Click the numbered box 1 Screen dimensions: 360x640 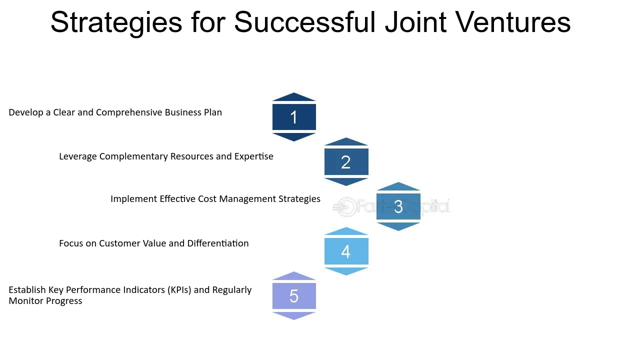pyautogui.click(x=294, y=117)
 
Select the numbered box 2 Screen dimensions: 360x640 pyautogui.click(x=346, y=162)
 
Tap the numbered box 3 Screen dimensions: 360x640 pyautogui.click(x=398, y=206)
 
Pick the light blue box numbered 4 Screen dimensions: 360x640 pyautogui.click(x=346, y=251)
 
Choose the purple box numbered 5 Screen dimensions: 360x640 pyautogui.click(x=294, y=296)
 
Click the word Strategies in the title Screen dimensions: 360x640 pyautogui.click(x=116, y=22)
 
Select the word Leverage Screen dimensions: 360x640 pyautogui.click(x=78, y=156)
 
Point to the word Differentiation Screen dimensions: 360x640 pyautogui.click(x=218, y=243)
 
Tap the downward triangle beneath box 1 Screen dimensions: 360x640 pyautogui.click(x=294, y=136)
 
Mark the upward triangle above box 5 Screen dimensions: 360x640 pyautogui.click(x=294, y=276)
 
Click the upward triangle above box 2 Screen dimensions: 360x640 pyautogui.click(x=346, y=141)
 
